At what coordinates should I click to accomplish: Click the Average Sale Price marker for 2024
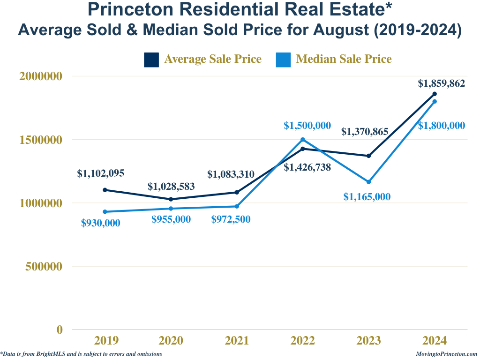(x=435, y=94)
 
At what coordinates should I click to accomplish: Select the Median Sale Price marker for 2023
(x=368, y=182)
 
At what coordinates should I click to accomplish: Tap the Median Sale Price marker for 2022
(x=303, y=139)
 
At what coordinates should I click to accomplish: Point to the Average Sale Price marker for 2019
(x=105, y=190)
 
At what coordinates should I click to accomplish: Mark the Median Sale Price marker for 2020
(x=171, y=209)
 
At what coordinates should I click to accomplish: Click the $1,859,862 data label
(x=442, y=84)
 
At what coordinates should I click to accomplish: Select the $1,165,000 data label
(x=367, y=197)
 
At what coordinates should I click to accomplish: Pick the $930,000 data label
(x=101, y=223)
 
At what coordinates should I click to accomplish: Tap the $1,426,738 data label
(x=307, y=167)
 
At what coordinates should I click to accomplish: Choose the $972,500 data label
(x=231, y=219)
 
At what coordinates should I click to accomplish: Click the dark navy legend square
(x=151, y=60)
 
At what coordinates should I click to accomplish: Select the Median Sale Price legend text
(x=344, y=59)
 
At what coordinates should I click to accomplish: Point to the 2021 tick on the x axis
(x=237, y=340)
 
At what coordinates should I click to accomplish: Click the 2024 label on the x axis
(x=435, y=340)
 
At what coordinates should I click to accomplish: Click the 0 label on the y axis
(x=60, y=330)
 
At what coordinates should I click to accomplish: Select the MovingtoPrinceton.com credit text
(x=446, y=354)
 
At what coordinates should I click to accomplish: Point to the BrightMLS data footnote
(x=82, y=354)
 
